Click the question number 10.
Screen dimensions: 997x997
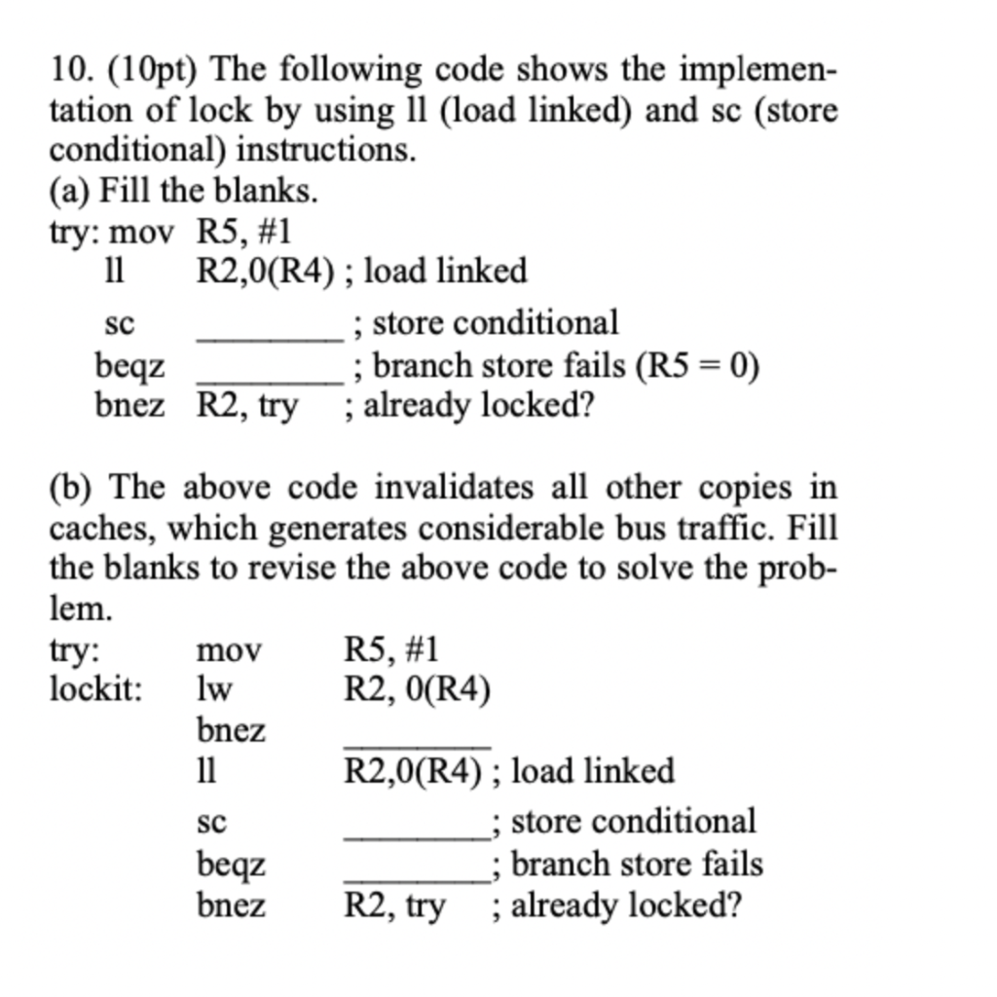pyautogui.click(x=71, y=70)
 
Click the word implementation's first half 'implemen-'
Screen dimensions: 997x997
pyautogui.click(x=757, y=70)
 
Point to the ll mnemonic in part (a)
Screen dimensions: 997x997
pyautogui.click(x=115, y=271)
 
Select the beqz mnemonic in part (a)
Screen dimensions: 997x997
pyautogui.click(x=129, y=366)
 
